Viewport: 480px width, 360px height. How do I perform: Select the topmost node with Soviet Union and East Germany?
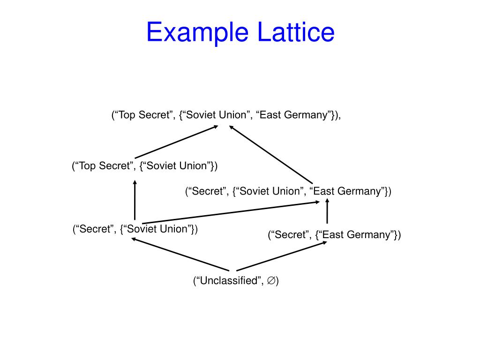coord(226,115)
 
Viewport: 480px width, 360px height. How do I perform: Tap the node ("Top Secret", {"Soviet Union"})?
coord(145,166)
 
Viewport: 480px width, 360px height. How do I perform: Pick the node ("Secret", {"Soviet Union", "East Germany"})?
coord(288,191)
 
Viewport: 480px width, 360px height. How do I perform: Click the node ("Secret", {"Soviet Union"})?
coord(135,229)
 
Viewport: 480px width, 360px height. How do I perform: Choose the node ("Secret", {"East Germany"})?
coord(334,234)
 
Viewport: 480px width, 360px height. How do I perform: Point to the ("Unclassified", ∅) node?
coord(236,281)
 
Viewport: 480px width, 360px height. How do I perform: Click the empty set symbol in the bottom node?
coord(271,281)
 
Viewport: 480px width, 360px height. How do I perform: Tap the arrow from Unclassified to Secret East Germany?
coord(281,256)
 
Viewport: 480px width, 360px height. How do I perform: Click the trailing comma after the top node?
coord(339,117)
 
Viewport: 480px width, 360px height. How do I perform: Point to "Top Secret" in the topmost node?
coord(143,115)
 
